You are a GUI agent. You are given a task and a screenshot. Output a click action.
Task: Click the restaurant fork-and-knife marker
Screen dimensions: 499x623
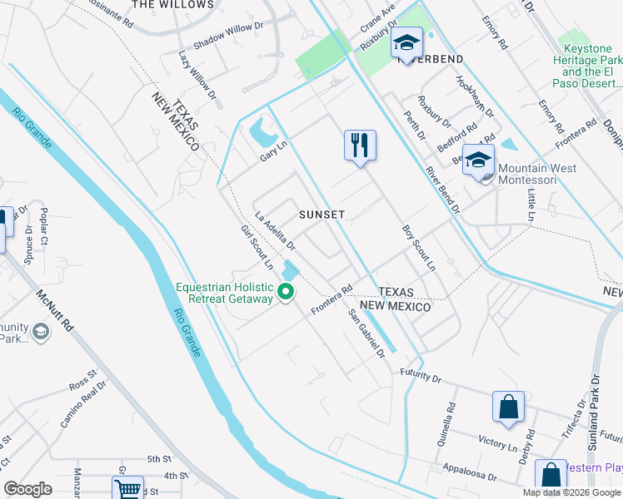(x=360, y=146)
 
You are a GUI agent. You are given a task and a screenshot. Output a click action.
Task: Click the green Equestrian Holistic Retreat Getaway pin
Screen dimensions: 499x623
(x=285, y=292)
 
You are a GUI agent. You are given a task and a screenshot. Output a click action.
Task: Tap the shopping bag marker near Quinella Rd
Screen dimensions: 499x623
(x=508, y=407)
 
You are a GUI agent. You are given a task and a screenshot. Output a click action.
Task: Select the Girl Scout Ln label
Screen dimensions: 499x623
(x=257, y=247)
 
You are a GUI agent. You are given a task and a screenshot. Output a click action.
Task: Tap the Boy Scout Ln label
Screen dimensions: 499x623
(x=419, y=247)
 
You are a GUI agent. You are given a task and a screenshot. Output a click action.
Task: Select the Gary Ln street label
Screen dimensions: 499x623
(x=273, y=150)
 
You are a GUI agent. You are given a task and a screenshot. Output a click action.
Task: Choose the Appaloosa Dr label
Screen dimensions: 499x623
(x=469, y=472)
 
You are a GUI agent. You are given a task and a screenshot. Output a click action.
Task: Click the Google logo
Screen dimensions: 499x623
(x=28, y=489)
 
